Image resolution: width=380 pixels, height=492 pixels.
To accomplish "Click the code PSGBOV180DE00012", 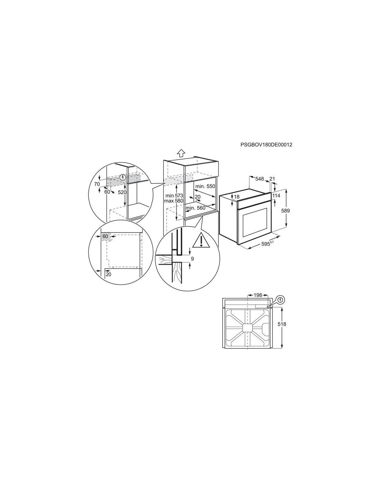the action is tap(266, 145).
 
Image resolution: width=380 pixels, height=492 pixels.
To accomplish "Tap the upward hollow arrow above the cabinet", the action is tap(181, 153).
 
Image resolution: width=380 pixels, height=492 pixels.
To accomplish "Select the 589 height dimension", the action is tap(285, 211).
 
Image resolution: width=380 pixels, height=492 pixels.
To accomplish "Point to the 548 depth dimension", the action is tap(259, 179).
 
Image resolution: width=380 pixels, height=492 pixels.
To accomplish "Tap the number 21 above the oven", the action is tap(272, 179).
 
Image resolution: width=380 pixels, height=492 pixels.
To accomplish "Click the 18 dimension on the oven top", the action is tap(237, 197).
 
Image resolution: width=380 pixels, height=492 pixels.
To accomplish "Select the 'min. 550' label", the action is tap(205, 186).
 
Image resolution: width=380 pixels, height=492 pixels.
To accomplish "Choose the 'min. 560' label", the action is tap(195, 208).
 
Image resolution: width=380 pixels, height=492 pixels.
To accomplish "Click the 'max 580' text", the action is tap(174, 201).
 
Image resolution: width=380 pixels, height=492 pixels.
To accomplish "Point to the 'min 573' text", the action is tap(174, 195).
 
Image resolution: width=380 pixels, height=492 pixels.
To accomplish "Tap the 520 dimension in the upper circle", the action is tap(122, 192).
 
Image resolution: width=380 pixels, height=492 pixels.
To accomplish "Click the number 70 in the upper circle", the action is tap(97, 184).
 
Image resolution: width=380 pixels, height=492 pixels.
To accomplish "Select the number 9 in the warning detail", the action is tap(192, 258).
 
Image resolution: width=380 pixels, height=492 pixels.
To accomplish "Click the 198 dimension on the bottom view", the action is tap(258, 295).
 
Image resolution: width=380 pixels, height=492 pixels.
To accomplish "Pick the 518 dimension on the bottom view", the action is tap(282, 324).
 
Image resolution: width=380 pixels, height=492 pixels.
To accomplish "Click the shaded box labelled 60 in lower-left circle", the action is tap(105, 237).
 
